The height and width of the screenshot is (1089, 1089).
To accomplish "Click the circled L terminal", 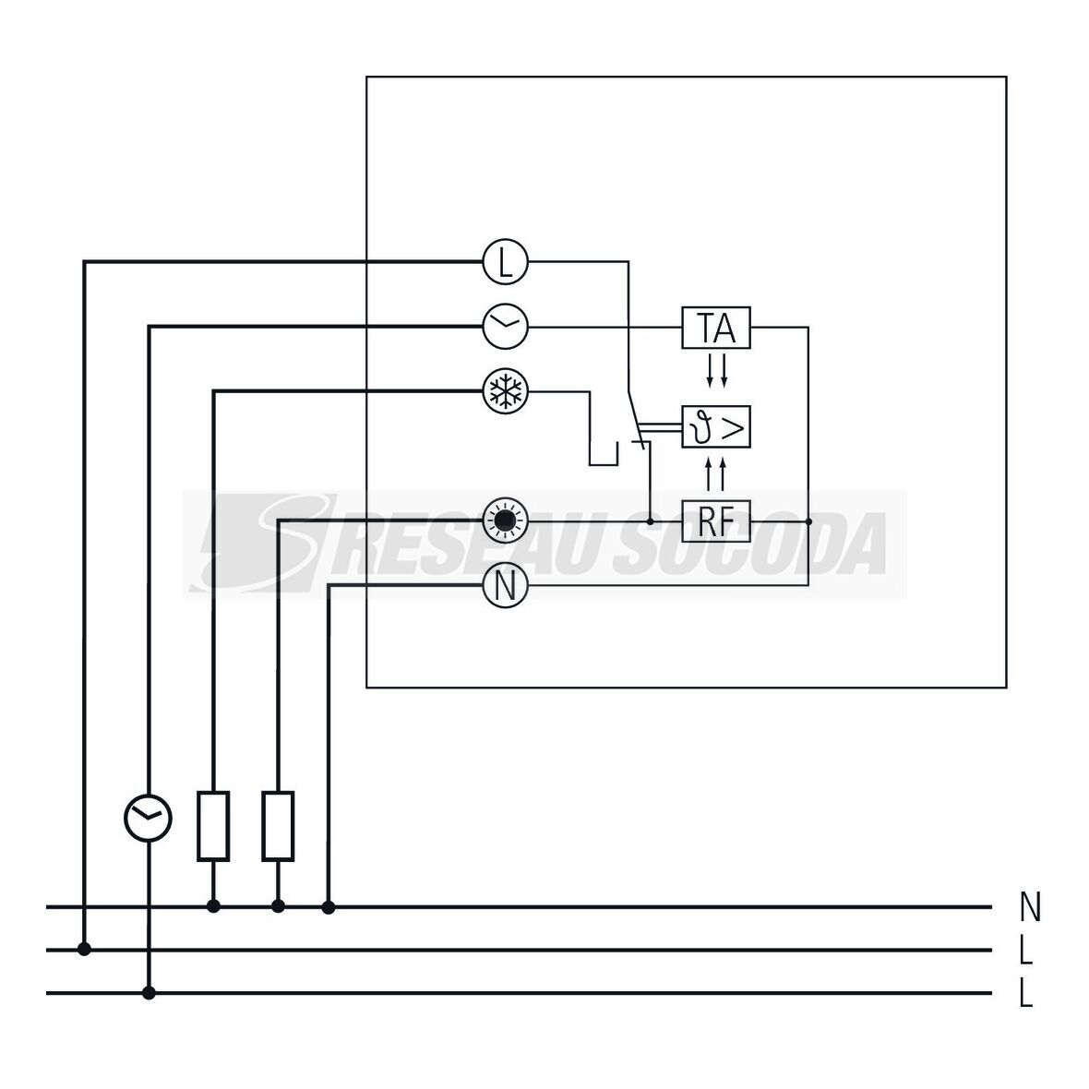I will (x=505, y=262).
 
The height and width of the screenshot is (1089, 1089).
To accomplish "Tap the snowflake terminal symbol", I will (x=505, y=392).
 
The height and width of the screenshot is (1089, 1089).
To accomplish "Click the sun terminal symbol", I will (x=505, y=522).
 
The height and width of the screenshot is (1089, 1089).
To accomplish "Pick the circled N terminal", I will (x=505, y=585).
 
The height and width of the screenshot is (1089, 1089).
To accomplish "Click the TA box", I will (x=716, y=327).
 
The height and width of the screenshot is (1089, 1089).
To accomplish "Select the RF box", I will (x=716, y=522).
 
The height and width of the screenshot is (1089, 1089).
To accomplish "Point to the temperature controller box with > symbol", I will (x=716, y=426).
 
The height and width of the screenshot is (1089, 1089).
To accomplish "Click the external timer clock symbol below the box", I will (x=149, y=817).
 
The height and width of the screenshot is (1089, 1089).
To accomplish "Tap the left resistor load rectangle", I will (x=213, y=826).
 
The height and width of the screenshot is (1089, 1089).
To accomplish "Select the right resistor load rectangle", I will (x=278, y=826).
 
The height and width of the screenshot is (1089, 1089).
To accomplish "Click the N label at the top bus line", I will (x=1030, y=907).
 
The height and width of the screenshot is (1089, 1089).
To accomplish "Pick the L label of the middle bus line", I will (x=1026, y=950).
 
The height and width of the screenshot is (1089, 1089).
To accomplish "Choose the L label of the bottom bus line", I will (x=1026, y=994).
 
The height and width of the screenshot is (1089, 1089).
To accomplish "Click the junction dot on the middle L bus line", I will (x=84, y=949).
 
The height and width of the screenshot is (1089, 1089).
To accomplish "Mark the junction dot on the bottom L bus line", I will (x=149, y=993).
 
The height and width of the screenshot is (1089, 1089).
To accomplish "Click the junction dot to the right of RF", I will (x=808, y=522).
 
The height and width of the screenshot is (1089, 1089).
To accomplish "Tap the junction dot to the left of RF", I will (x=651, y=522).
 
